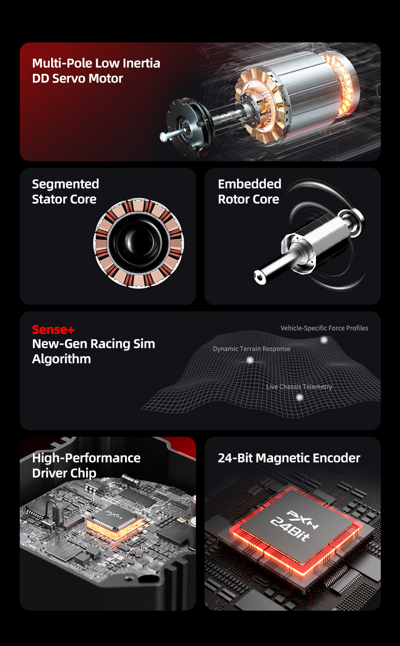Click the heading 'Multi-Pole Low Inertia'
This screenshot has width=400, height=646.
pos(96,63)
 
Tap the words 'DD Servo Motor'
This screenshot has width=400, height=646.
pos(77,78)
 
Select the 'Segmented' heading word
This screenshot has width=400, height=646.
pos(65,184)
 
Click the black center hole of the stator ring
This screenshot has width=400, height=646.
pos(138,243)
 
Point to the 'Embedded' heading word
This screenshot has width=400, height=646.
pos(250,184)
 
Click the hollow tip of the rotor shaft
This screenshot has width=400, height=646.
pos(260,277)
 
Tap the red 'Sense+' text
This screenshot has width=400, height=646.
pos(53,330)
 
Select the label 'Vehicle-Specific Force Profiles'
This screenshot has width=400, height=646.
pos(325,328)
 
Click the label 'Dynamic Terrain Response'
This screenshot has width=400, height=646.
pos(252,349)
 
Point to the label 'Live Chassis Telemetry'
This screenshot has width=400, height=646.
pos(299,387)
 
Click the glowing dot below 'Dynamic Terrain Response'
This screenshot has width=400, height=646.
pos(250,360)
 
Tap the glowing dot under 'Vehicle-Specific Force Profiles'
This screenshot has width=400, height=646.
pos(324,340)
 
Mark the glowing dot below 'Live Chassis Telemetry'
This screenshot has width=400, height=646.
pos(300,398)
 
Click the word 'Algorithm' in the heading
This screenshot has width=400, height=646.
pos(61,359)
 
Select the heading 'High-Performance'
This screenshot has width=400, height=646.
pos(87,458)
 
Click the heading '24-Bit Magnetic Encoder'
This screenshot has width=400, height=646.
pos(289,458)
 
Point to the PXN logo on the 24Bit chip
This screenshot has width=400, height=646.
pos(302,520)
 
